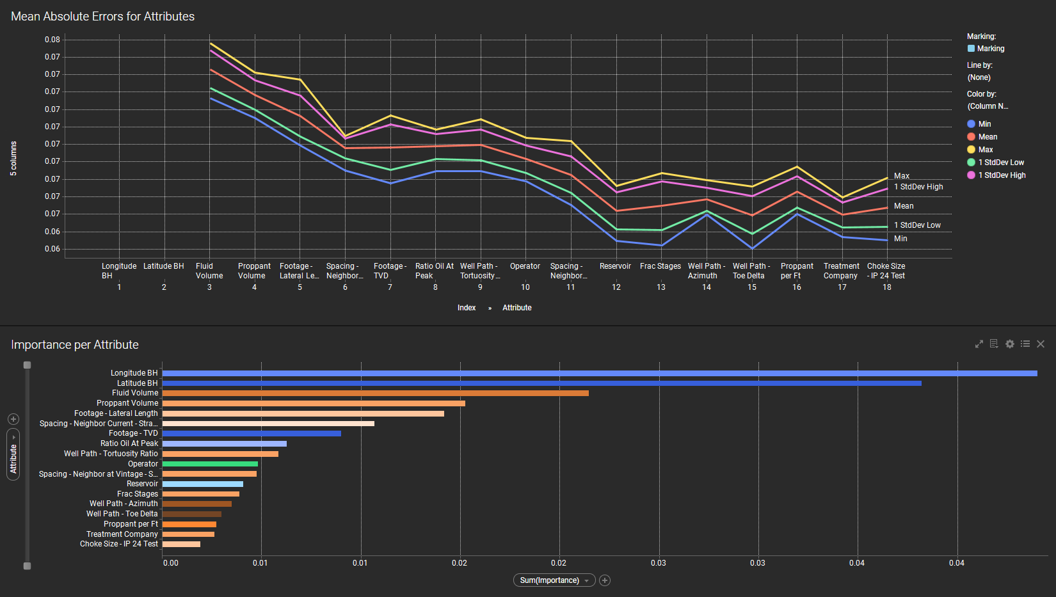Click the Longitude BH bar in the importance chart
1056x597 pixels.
point(599,373)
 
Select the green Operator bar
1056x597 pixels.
point(210,464)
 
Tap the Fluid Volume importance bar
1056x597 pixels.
point(375,393)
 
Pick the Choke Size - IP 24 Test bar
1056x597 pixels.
point(181,544)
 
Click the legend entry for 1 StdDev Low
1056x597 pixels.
point(1000,163)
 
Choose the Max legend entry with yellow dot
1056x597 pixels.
point(985,150)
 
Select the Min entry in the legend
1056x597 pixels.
point(984,124)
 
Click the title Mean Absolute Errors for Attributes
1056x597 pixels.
point(102,17)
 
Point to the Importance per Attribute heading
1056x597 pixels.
point(75,345)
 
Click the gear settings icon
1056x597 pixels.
point(1010,344)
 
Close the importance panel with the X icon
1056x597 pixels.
point(1041,344)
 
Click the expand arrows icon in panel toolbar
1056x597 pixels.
point(979,344)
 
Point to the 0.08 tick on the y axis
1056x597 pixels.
point(52,40)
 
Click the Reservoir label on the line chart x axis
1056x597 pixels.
point(615,266)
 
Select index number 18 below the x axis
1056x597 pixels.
point(887,287)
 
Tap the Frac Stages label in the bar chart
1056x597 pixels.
point(138,494)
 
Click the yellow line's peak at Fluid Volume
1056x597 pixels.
point(210,44)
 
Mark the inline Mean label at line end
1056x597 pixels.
point(904,206)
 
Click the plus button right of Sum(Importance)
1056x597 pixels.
point(605,580)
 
